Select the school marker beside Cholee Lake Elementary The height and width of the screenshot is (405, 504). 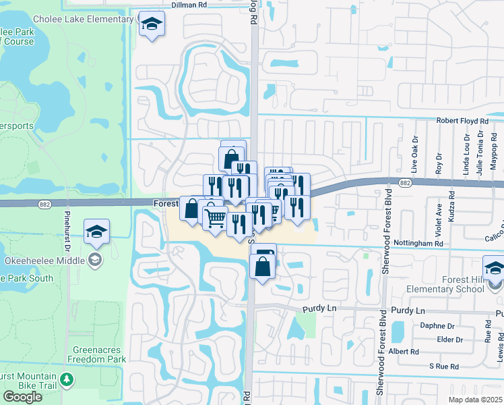[152, 25]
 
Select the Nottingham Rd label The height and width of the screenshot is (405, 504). [420, 243]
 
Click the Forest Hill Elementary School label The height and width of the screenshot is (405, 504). [445, 285]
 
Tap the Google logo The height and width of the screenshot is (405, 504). [22, 397]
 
